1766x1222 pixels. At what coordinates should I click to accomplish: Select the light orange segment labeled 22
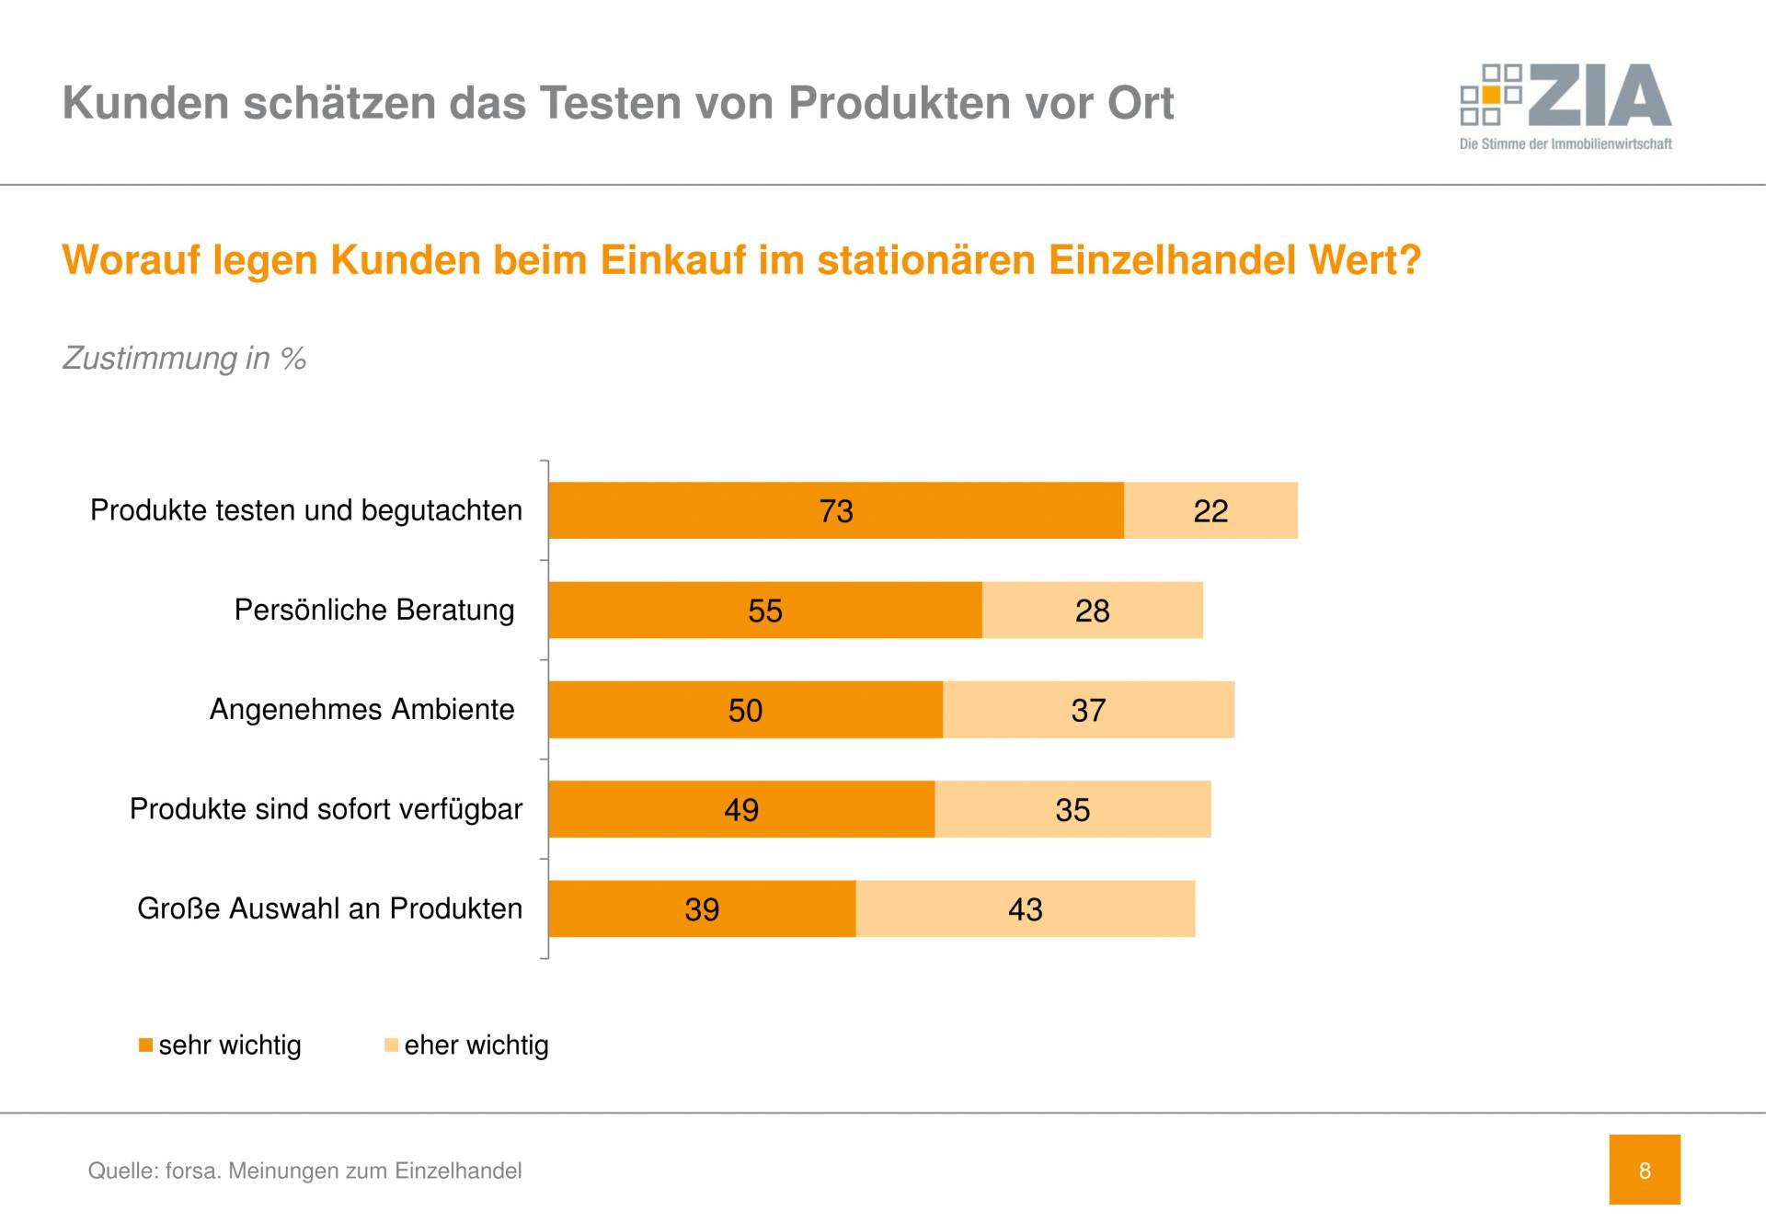click(1210, 510)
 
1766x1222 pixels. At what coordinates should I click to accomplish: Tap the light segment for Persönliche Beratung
click(1092, 610)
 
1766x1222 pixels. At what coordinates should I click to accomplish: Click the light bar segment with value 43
click(1025, 908)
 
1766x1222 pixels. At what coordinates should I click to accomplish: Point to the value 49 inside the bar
click(741, 810)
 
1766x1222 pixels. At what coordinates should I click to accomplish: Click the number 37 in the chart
click(1088, 711)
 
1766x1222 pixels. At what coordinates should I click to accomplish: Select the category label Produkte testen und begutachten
click(305, 510)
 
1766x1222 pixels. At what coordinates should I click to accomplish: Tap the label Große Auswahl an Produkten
click(329, 908)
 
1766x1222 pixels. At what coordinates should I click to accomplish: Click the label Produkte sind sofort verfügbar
click(326, 809)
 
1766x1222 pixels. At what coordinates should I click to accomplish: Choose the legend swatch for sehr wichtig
click(145, 1045)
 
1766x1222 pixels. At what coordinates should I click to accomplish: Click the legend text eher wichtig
click(476, 1045)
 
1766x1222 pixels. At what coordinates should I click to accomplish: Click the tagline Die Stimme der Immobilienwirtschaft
click(1565, 143)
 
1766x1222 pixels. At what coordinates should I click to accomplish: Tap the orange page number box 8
click(1644, 1170)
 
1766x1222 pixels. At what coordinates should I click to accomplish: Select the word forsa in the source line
click(192, 1171)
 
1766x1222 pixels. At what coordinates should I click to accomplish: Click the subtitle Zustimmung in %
click(184, 358)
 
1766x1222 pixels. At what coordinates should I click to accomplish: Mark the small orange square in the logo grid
click(1491, 95)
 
